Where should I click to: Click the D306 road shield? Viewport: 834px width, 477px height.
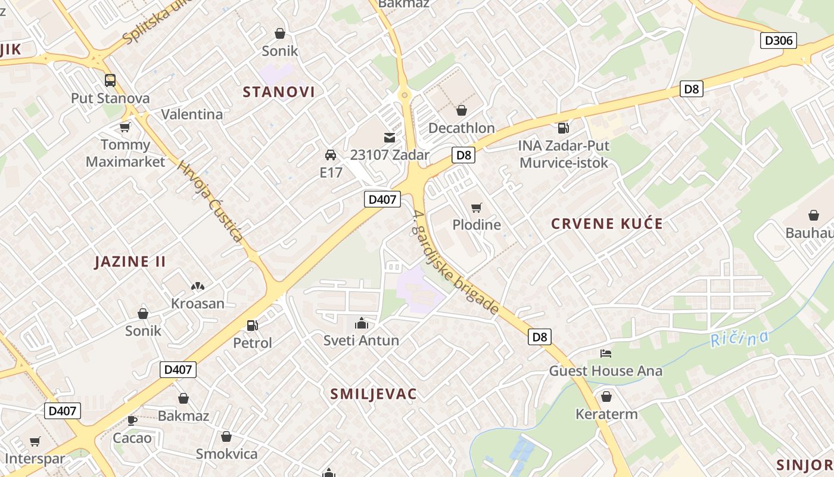click(779, 41)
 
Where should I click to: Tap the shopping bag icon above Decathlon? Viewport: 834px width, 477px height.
click(461, 110)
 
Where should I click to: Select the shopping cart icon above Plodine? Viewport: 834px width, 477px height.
click(476, 207)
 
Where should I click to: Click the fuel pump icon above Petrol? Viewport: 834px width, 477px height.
click(253, 326)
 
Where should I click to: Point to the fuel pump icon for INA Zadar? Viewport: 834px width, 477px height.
click(563, 128)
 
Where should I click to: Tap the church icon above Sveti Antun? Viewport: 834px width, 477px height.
click(361, 323)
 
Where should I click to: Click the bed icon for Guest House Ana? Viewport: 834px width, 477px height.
click(606, 354)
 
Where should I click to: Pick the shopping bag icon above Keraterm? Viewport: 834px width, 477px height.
click(606, 397)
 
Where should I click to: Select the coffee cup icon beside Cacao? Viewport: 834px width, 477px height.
click(132, 421)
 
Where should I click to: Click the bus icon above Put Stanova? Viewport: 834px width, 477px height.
click(110, 80)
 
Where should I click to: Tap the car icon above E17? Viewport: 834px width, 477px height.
click(331, 155)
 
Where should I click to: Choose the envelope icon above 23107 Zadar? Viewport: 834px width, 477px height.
click(389, 138)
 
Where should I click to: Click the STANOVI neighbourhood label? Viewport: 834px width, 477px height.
click(279, 92)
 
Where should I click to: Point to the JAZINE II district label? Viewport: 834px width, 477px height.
click(130, 262)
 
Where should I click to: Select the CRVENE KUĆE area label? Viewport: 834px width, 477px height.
click(606, 224)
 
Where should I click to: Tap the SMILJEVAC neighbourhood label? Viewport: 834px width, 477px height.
click(374, 394)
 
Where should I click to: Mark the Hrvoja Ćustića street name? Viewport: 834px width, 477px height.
click(210, 202)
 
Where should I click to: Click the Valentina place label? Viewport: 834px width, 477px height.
click(192, 114)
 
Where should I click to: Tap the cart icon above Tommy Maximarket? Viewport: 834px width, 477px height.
click(125, 127)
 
